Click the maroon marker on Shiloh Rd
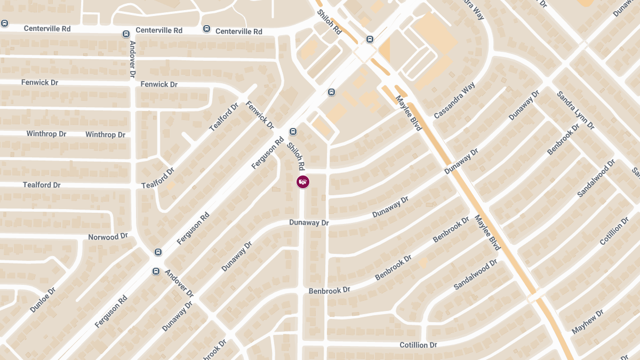(302, 182)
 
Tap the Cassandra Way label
(454, 100)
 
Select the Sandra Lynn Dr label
(575, 110)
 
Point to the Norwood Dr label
(108, 236)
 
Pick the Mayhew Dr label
(587, 322)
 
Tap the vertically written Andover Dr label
(133, 59)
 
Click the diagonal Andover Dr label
(179, 283)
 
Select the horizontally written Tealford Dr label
(42, 185)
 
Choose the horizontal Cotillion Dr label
(418, 345)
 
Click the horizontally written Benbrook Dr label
(329, 290)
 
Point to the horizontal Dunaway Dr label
(309, 222)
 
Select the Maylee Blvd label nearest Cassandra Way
(409, 113)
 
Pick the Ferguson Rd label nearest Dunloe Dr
(111, 312)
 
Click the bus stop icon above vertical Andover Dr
(126, 34)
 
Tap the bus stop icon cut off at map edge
(4, 23)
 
